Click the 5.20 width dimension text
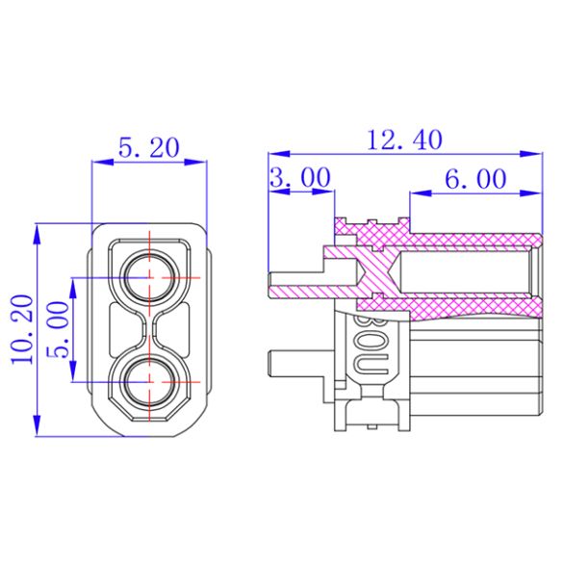pyautogui.click(x=148, y=147)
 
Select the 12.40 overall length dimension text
pyautogui.click(x=404, y=140)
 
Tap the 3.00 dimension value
pyautogui.click(x=299, y=178)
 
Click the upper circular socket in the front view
pyautogui.click(x=150, y=277)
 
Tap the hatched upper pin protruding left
pyautogui.click(x=298, y=287)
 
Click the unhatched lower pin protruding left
pyautogui.click(x=298, y=366)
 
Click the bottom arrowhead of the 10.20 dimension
pyautogui.click(x=38, y=427)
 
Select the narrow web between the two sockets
pyautogui.click(x=150, y=327)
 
